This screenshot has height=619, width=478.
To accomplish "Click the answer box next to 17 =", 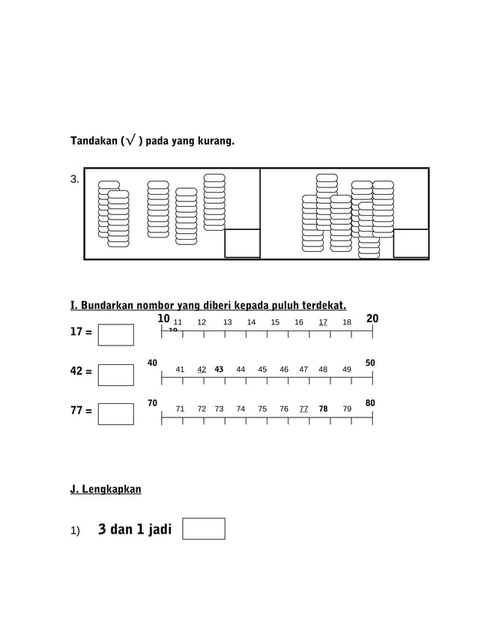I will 115,334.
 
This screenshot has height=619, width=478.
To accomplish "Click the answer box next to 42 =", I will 115,374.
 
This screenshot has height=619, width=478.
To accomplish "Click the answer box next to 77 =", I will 115,414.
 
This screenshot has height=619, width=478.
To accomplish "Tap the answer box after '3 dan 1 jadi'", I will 203,528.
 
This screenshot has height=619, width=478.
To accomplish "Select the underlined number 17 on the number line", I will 323,322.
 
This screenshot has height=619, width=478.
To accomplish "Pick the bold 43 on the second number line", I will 220,369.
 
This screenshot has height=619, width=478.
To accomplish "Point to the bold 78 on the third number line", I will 323,409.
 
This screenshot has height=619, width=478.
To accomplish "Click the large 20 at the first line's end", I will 372,319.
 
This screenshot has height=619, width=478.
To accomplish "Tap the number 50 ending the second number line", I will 370,363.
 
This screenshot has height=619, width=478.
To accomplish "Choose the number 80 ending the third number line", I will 370,403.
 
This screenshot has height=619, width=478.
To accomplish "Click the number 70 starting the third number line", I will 152,403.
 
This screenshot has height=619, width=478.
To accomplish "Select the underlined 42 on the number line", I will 202,369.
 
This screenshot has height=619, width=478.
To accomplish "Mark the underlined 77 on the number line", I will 303,409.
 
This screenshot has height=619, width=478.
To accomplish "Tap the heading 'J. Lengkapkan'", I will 105,489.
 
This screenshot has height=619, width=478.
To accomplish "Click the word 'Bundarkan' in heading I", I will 112,306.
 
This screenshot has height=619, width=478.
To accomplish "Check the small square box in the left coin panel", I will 242,243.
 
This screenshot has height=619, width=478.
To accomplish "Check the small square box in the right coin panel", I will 411,243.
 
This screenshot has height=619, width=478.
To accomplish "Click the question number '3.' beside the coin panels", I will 75,179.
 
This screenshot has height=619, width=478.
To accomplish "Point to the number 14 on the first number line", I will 252,322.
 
